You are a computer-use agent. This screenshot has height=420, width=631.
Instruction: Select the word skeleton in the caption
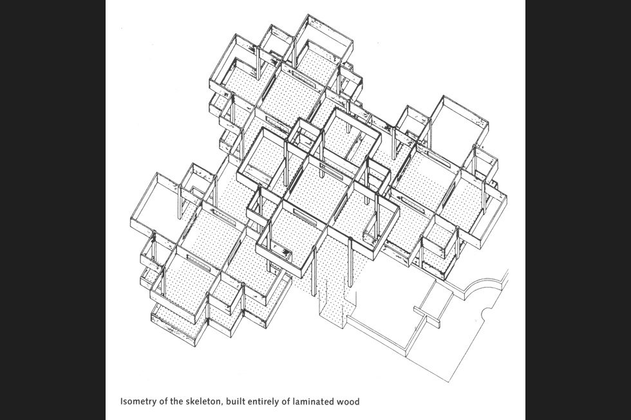(205, 402)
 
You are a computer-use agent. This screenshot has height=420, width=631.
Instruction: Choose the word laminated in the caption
(323, 402)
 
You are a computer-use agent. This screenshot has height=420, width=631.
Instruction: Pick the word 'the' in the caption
(176, 402)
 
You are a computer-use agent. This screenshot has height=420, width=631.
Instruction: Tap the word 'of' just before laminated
(296, 402)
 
